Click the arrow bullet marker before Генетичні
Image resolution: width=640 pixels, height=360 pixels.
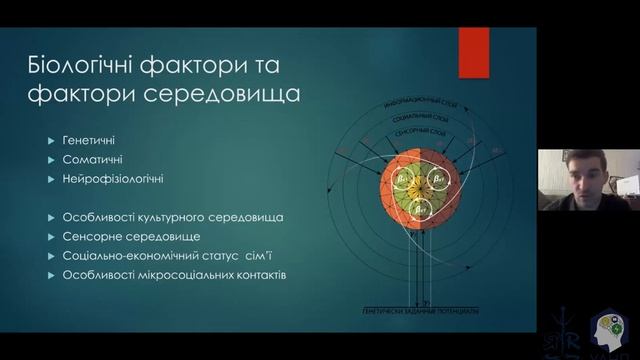coord(51,139)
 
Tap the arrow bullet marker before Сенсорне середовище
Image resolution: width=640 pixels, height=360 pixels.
coord(51,237)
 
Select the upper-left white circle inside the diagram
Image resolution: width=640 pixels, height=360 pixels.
coord(405,180)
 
